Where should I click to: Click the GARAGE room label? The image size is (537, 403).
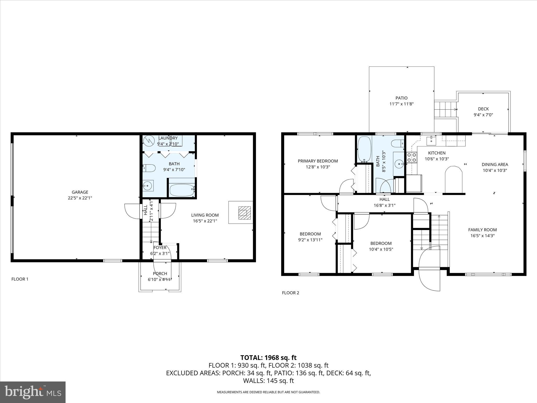(80, 192)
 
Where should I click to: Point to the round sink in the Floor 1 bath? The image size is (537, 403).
(148, 186)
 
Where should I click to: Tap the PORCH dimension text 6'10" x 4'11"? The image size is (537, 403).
(160, 279)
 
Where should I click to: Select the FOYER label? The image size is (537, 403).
(160, 248)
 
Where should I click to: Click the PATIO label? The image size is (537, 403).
(401, 98)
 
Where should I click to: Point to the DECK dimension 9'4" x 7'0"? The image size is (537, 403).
(483, 115)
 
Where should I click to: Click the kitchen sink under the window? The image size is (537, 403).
(431, 140)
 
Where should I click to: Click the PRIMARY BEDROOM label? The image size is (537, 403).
(318, 161)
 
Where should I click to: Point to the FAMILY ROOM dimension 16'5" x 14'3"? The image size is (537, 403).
(482, 236)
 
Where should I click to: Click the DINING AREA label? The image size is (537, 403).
(495, 165)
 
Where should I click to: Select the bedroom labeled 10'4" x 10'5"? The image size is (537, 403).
(381, 246)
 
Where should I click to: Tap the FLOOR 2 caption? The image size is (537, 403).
(291, 293)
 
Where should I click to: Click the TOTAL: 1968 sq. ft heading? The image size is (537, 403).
(268, 358)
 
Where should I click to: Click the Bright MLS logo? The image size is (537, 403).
(33, 392)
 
